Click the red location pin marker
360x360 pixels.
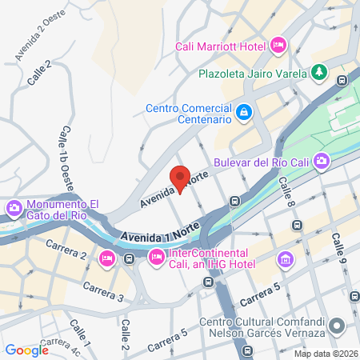click(x=180, y=178)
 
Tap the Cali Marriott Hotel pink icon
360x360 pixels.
click(x=278, y=43)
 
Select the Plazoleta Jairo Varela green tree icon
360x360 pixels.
click(x=319, y=72)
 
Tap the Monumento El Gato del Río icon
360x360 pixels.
click(x=14, y=210)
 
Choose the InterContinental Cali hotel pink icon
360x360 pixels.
click(x=156, y=257)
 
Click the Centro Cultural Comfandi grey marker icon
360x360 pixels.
click(x=337, y=326)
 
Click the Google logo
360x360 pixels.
click(x=26, y=350)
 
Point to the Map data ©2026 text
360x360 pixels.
click(x=324, y=353)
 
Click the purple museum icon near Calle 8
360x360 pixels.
click(x=285, y=259)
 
